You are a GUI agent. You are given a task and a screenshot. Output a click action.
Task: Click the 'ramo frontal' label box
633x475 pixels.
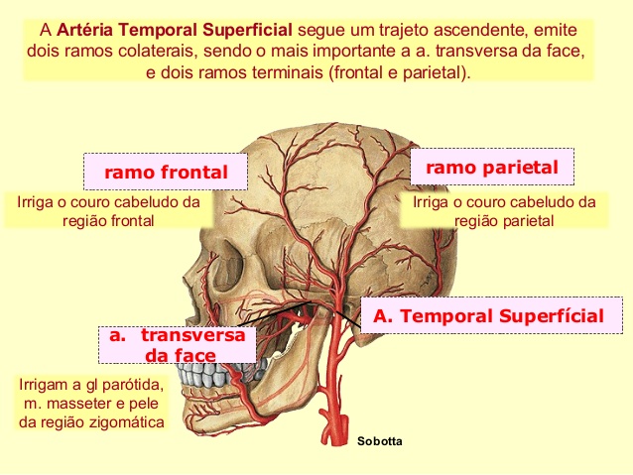pos(166,172)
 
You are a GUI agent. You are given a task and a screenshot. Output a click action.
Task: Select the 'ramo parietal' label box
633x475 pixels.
pos(492,167)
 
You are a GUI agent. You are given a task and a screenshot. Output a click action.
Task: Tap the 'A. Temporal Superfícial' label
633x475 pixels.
pos(491,315)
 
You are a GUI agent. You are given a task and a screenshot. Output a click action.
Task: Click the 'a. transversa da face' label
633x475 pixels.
pos(178,344)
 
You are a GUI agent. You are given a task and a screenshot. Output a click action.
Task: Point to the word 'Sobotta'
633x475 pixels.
pos(379,441)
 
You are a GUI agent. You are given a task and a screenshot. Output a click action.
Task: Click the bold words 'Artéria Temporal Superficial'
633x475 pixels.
pos(175,30)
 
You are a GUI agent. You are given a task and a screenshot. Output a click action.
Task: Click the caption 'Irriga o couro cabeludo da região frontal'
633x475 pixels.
pos(108,211)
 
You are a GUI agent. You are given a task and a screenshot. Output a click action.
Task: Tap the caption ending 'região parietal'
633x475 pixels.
pos(504,211)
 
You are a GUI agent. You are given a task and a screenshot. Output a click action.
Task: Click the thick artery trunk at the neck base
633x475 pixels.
pos(335,427)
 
